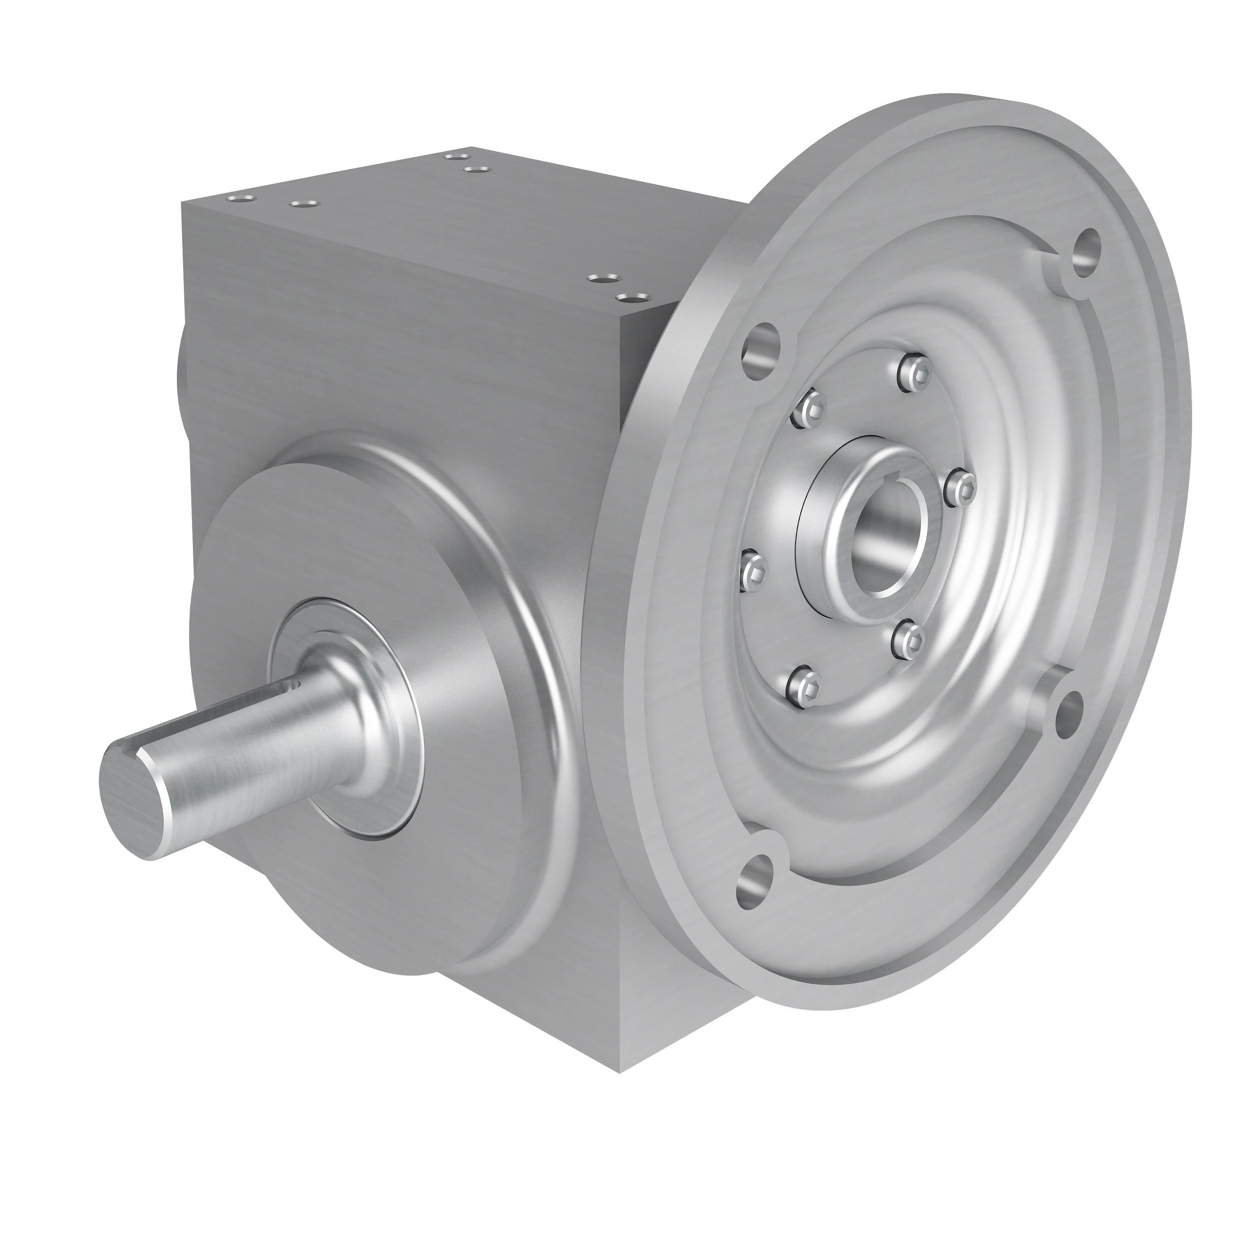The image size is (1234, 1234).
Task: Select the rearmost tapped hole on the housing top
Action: click(455, 155)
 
